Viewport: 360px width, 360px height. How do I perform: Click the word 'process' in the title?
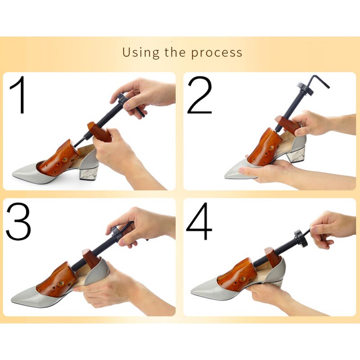pyautogui.click(x=216, y=53)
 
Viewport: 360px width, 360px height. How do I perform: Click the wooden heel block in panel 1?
pyautogui.click(x=100, y=132)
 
